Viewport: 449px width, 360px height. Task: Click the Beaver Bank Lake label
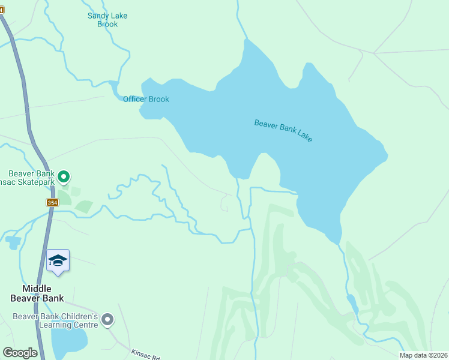click(283, 130)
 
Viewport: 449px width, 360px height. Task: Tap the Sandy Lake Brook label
click(107, 20)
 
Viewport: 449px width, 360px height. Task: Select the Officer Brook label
click(146, 99)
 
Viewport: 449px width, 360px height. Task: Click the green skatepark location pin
click(64, 176)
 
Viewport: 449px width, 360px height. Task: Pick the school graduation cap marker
click(58, 261)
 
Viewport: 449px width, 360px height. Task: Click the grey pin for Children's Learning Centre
click(107, 319)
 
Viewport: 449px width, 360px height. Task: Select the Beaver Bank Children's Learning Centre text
click(55, 320)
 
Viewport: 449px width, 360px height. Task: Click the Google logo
click(20, 353)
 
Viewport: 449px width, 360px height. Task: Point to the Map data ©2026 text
click(423, 355)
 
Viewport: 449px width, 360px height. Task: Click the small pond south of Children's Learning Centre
click(69, 342)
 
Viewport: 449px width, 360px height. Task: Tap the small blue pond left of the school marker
click(12, 242)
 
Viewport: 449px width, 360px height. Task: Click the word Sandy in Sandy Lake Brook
click(98, 16)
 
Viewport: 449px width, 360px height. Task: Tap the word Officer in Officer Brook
click(135, 99)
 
